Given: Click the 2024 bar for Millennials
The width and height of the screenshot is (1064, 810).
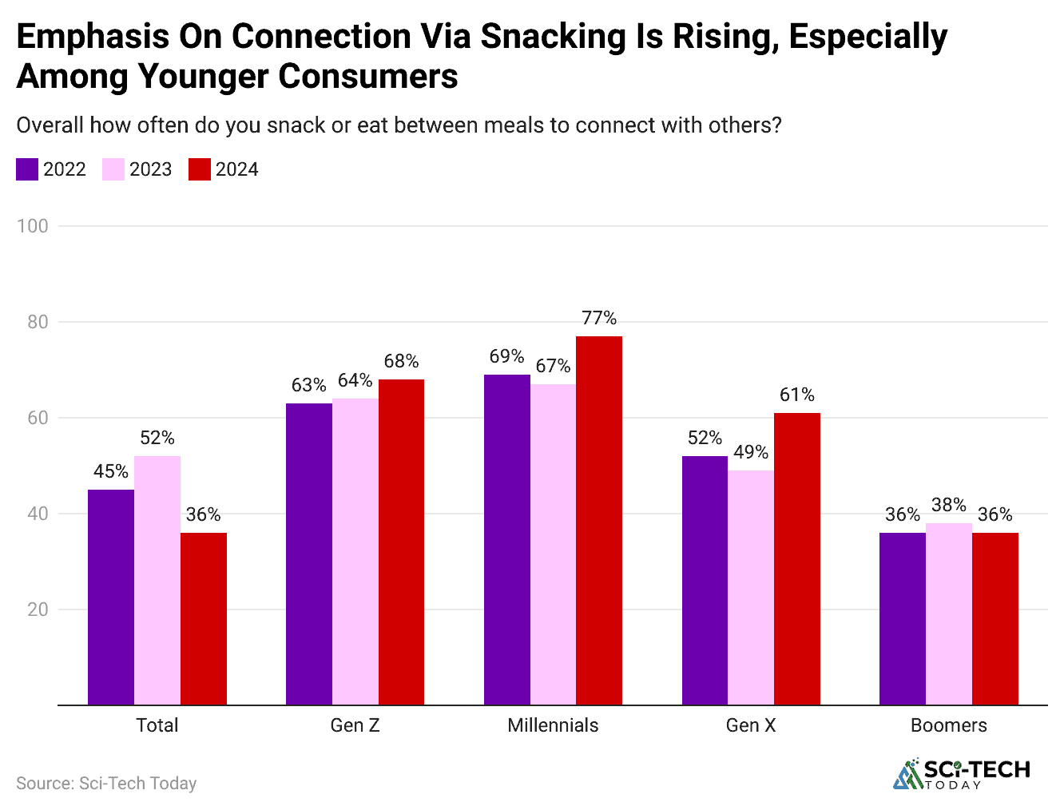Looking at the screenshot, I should click(599, 520).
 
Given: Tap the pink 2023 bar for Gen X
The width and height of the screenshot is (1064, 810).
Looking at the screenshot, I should click(751, 587).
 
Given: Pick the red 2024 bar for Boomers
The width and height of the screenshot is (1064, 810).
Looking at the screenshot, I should click(995, 618).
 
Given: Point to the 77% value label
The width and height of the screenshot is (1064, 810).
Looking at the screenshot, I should click(599, 318).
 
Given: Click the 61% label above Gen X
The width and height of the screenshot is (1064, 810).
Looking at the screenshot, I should click(797, 395).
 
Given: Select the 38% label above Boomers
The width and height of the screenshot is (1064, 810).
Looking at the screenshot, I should click(948, 505).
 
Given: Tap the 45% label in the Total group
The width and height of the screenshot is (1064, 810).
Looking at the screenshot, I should click(111, 471).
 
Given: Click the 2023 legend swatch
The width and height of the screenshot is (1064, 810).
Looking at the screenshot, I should click(113, 169).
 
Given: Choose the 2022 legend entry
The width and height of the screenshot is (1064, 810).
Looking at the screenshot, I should click(52, 169).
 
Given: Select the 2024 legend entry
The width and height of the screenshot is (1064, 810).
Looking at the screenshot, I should click(224, 169).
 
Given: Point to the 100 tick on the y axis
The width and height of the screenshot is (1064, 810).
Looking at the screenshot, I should click(33, 226).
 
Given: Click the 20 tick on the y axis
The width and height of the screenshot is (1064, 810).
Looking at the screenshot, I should click(38, 609).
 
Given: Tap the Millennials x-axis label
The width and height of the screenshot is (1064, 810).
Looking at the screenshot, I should click(553, 725).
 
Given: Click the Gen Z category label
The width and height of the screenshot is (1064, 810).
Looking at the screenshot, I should click(355, 725).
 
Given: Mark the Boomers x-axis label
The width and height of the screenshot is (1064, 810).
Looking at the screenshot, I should click(948, 725).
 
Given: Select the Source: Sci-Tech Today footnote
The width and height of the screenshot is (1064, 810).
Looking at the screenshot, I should click(106, 784).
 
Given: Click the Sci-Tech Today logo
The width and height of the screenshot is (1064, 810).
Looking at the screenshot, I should click(962, 774).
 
